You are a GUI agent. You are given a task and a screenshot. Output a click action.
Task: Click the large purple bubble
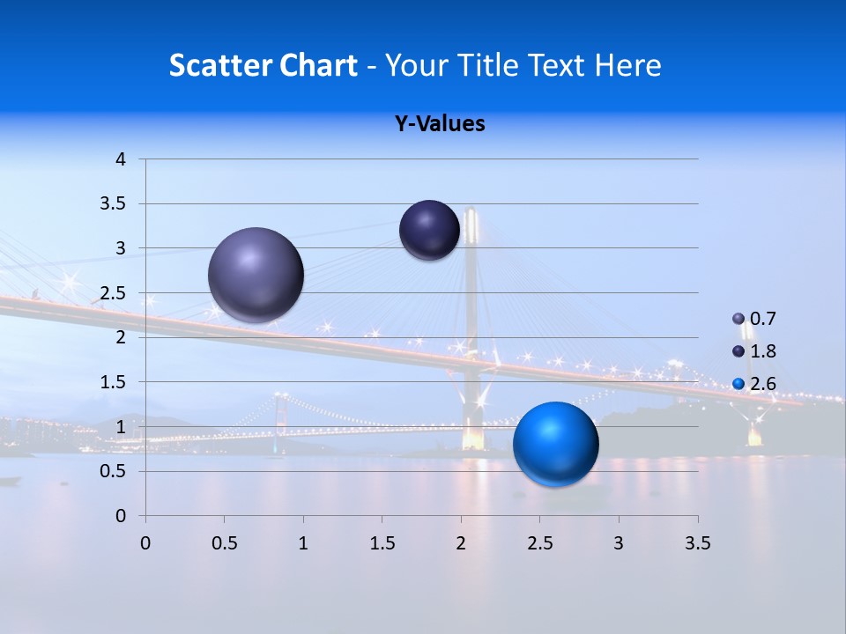pos(256,275)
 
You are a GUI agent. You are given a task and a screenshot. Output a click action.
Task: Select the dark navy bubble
pos(429,230)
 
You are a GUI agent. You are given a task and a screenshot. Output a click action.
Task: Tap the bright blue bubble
pos(556,444)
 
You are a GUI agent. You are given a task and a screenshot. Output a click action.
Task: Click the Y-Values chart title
pos(440,124)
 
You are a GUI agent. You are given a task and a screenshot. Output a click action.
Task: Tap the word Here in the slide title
pos(627,65)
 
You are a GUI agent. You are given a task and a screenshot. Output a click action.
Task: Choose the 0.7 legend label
pos(763,319)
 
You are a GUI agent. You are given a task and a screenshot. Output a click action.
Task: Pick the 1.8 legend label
pos(763,351)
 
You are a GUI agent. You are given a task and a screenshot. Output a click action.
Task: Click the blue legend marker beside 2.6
pos(738,384)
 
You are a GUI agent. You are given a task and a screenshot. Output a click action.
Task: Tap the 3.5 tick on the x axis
pos(697,543)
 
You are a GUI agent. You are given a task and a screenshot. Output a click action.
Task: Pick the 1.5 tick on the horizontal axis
pos(382,543)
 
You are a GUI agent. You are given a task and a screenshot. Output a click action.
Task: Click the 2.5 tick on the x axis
pos(539,543)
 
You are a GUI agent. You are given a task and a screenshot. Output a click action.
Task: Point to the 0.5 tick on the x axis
pos(224,543)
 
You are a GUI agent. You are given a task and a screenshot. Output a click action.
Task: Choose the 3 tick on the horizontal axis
pos(619,543)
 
